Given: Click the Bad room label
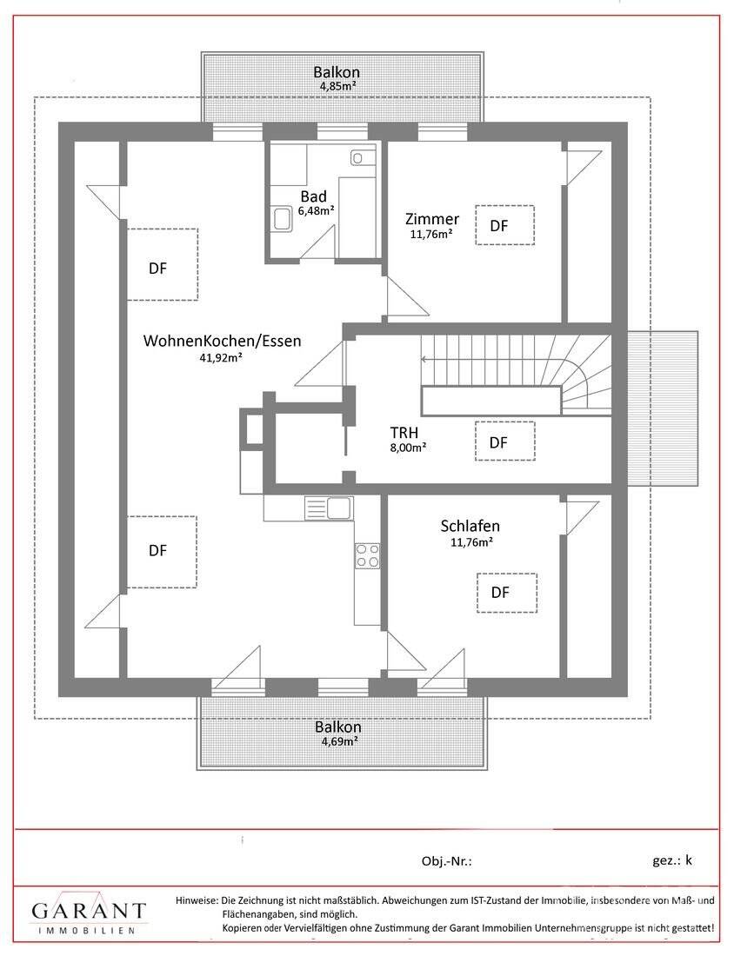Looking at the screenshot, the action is pos(314,196).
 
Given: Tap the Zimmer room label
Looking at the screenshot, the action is pos(432,219).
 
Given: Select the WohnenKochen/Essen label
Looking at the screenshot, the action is pos(223,341).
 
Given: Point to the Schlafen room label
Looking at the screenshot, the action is pos(470,526).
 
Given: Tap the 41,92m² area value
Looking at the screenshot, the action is pos(220,357).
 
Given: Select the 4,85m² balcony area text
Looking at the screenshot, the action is pos(337,87).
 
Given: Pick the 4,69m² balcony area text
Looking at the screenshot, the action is pos(337,741).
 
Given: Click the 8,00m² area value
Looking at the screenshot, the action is pos(407,448).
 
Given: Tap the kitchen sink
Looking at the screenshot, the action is pos(328,508).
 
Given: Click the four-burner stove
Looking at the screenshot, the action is pos(367,554).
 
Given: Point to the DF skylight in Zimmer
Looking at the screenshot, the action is pos(504,226).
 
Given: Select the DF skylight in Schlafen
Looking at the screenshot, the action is pos(505,593).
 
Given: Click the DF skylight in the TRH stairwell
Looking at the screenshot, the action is pos(504,441).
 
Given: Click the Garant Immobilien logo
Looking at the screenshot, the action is pos(89,914).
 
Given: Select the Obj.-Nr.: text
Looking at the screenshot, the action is pos(446,861).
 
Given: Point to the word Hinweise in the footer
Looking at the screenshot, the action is pos(197,900).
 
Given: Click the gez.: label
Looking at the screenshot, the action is pos(665,860).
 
